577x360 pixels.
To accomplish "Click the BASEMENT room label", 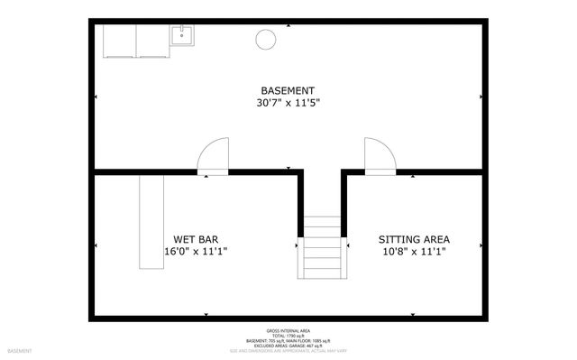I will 288,90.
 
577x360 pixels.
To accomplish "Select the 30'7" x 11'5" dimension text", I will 288,103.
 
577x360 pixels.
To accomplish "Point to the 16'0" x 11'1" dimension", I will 196,252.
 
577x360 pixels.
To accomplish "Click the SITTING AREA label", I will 414,239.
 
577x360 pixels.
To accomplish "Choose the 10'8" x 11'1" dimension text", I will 414,252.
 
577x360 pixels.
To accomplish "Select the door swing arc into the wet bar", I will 214,154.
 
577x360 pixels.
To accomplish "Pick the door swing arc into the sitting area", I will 380,154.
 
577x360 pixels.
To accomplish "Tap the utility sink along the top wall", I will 182,35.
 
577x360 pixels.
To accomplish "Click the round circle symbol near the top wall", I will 267,38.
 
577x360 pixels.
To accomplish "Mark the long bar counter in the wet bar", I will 150,221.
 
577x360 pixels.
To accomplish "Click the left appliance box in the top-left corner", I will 119,41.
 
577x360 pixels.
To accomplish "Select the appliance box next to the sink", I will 154,41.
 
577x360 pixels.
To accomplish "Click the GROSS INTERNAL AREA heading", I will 288,329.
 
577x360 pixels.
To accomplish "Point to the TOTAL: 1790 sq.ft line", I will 288,335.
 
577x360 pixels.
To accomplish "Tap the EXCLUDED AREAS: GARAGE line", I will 288,346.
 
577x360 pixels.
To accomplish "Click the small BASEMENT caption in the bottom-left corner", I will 20,350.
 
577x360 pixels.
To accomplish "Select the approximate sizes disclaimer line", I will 288,351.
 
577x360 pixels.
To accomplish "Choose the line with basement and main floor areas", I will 288,340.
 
